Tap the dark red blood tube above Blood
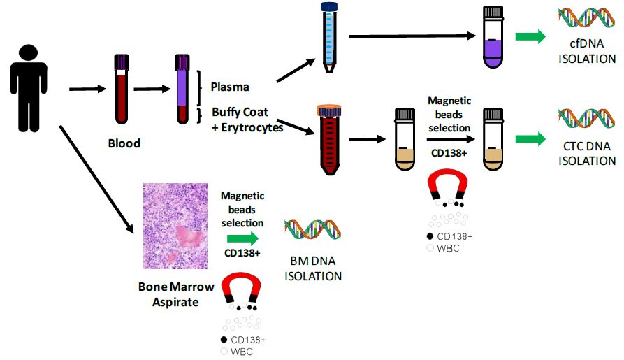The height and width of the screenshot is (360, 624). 120,91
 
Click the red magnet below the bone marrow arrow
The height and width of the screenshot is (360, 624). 240,290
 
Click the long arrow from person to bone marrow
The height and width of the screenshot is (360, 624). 97,178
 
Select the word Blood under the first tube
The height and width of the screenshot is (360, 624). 124,143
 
